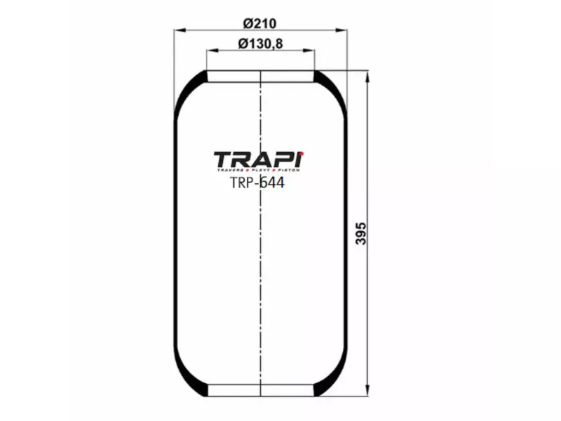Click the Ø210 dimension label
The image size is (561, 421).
pyautogui.click(x=260, y=23)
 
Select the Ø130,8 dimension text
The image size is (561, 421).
pyautogui.click(x=260, y=44)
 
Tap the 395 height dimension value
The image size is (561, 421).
pyautogui.click(x=361, y=234)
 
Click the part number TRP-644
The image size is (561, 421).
pyautogui.click(x=257, y=183)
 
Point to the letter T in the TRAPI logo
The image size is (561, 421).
pyautogui.click(x=223, y=159)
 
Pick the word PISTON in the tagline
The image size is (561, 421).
pyautogui.click(x=288, y=171)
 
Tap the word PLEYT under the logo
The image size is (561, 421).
pyautogui.click(x=261, y=171)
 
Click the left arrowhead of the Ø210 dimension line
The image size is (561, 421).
pyautogui.click(x=178, y=30)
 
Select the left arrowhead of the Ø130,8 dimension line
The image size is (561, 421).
pyautogui.click(x=210, y=51)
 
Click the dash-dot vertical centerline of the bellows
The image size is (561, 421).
pyautogui.click(x=260, y=281)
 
